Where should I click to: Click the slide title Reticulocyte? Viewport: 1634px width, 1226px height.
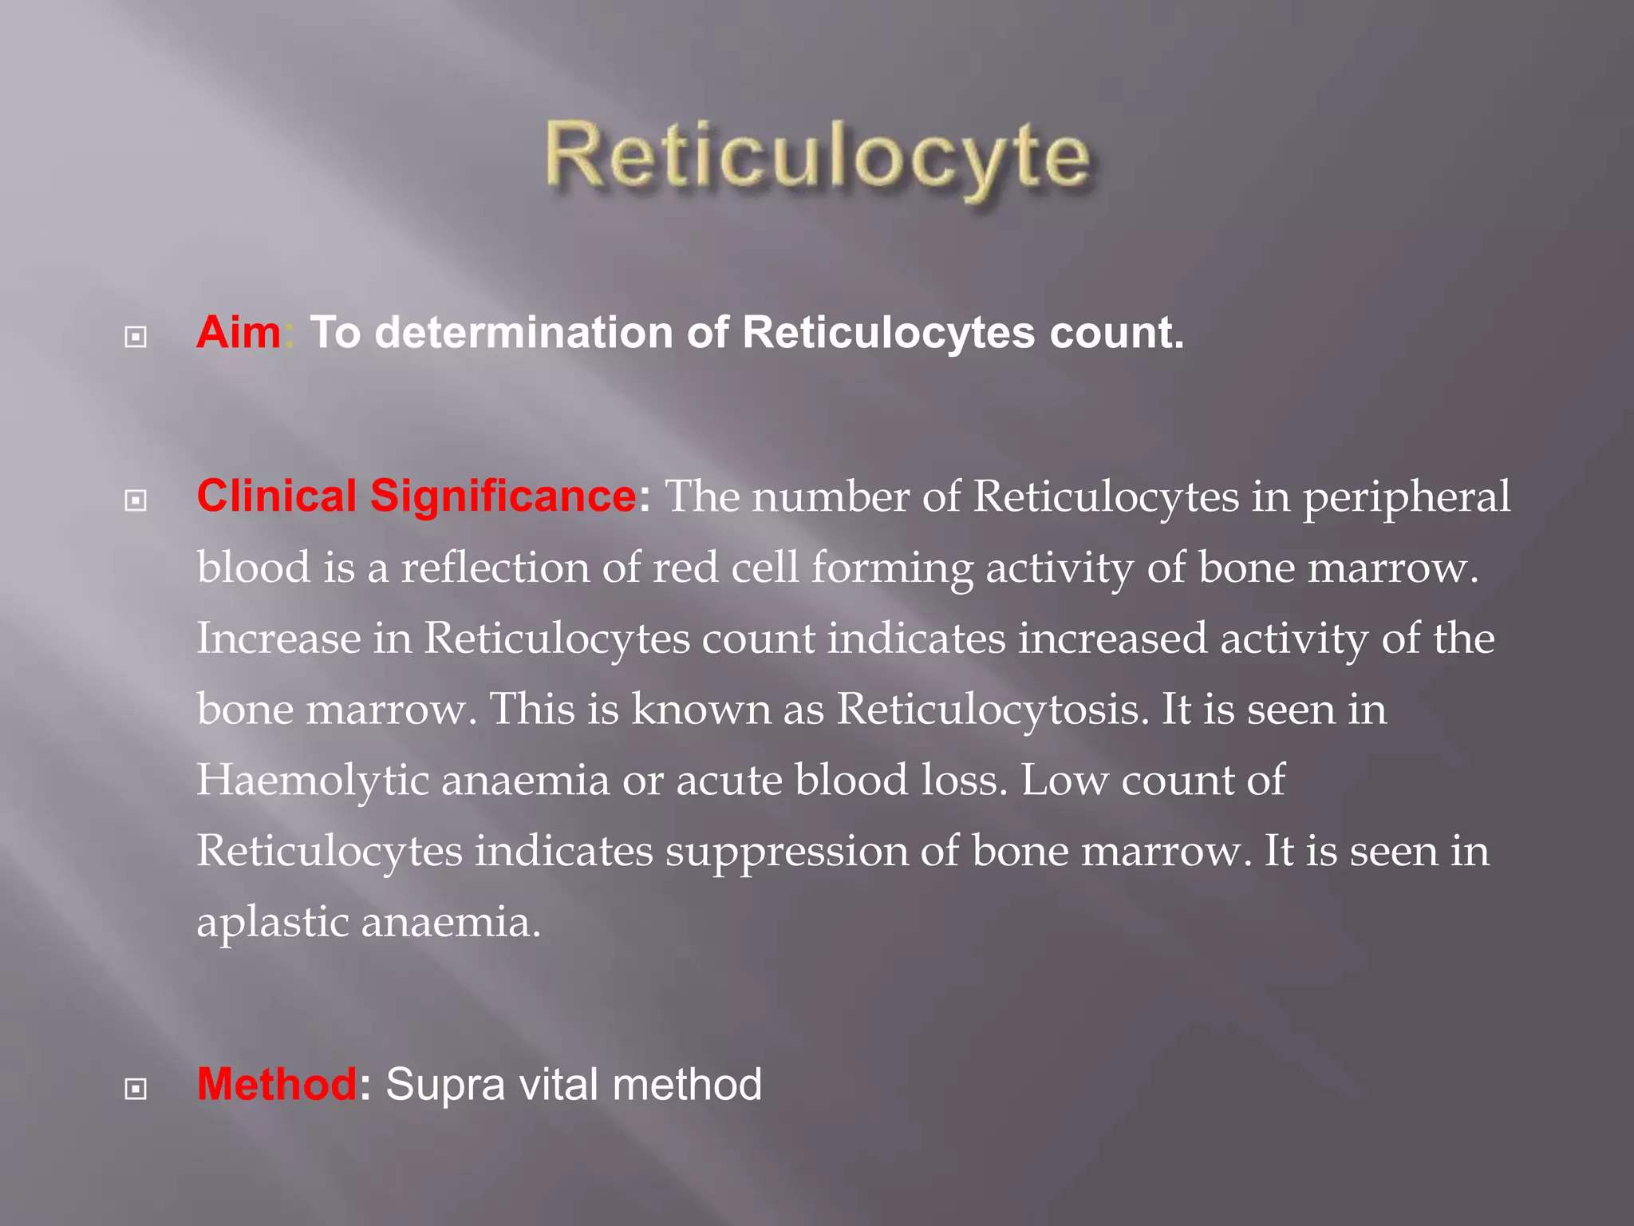[818, 156]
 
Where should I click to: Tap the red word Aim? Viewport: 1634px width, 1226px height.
[239, 332]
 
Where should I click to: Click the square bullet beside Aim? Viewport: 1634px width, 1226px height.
[136, 338]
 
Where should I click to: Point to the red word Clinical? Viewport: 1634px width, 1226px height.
[276, 496]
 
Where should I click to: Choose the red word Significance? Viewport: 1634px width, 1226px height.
[503, 496]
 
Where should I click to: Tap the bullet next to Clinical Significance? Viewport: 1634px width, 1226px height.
[136, 501]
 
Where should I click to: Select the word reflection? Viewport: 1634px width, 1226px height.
[495, 568]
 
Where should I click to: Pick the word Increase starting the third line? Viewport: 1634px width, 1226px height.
[278, 639]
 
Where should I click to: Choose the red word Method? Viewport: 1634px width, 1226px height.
[277, 1084]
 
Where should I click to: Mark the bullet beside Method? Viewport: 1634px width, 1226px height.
[136, 1089]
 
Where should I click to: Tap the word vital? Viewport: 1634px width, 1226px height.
[558, 1084]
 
